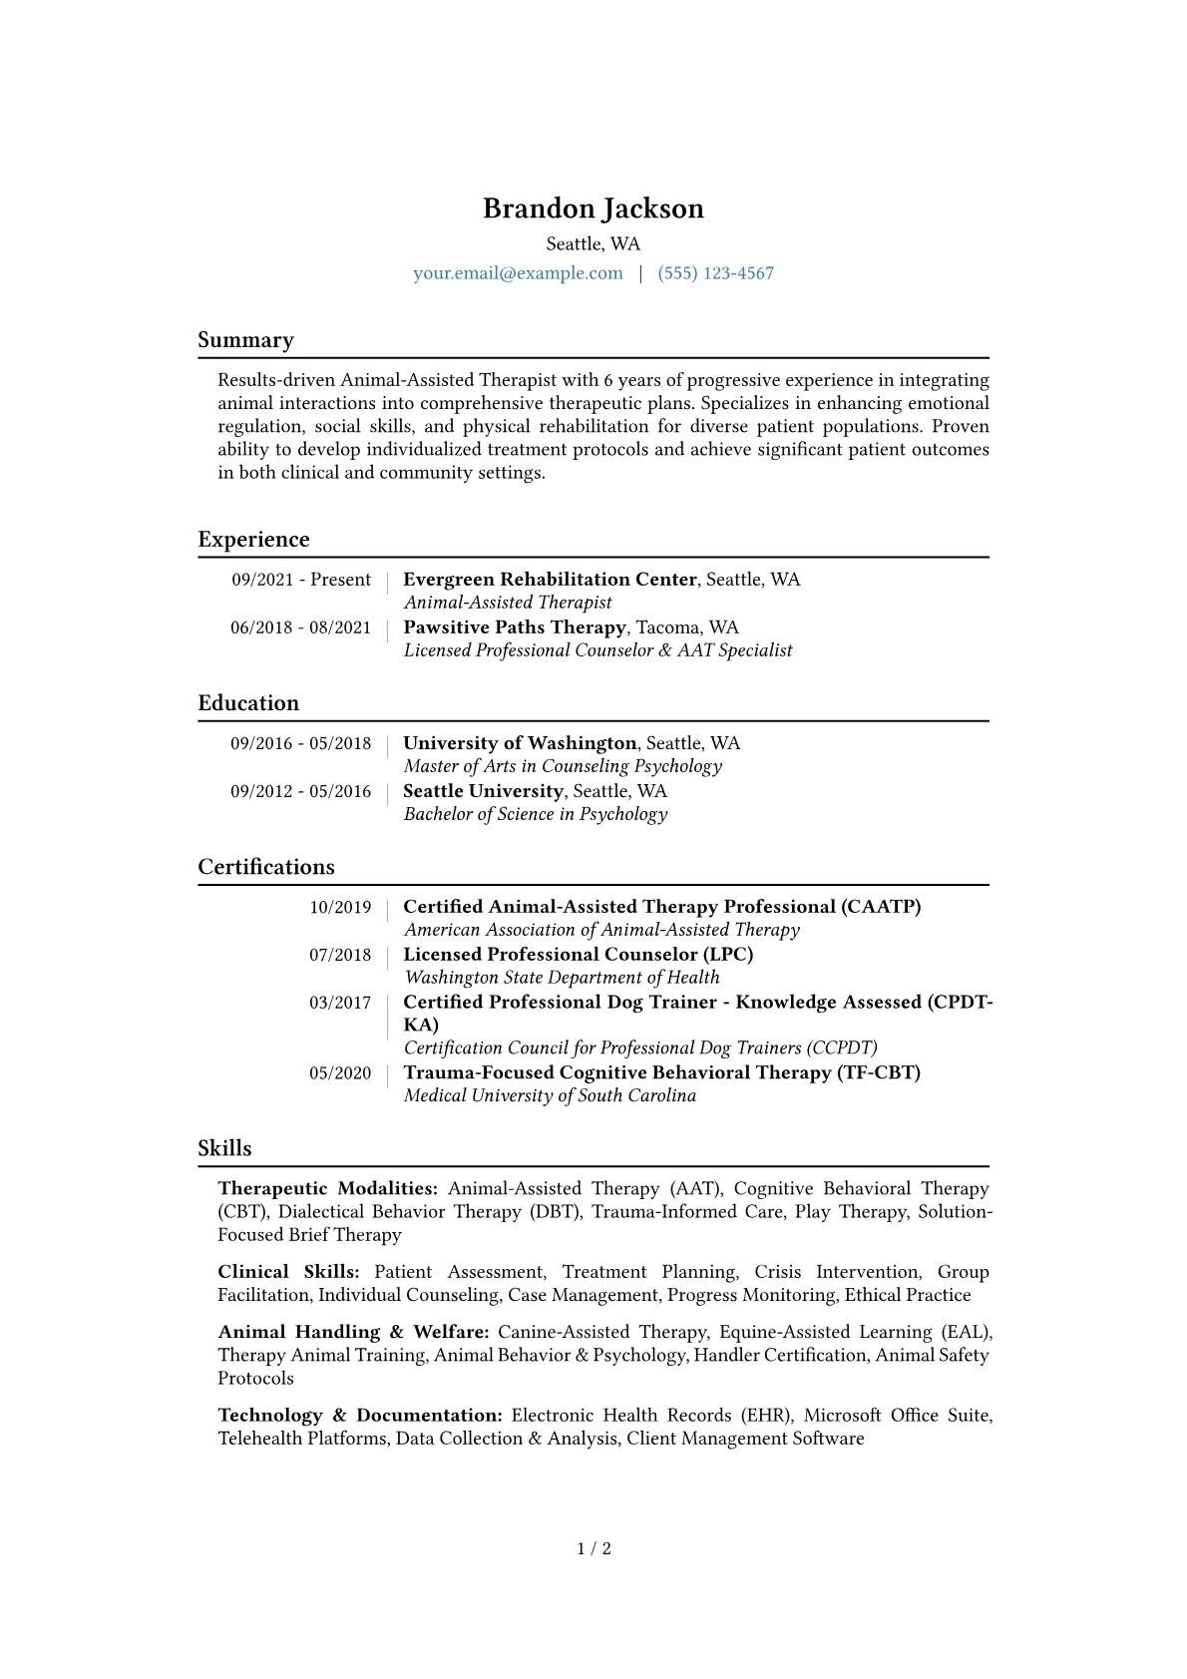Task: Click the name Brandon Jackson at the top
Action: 593,209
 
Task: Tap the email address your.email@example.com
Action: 518,273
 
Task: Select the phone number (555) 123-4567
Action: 715,273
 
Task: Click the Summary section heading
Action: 245,340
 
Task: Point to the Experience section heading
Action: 253,540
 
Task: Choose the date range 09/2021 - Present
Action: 301,580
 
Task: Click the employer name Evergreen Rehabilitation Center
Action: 550,580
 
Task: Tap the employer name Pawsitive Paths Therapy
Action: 515,628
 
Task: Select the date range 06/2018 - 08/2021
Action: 300,628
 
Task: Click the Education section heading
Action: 248,703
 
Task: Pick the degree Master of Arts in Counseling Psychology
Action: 563,766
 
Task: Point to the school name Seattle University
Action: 483,791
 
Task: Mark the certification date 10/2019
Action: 340,907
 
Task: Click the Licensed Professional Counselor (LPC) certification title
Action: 579,955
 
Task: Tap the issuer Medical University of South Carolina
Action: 550,1095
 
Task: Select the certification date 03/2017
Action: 340,1003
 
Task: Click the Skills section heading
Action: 224,1148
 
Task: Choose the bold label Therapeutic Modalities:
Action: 328,1188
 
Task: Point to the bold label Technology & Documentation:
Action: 360,1416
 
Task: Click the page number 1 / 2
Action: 593,1548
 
